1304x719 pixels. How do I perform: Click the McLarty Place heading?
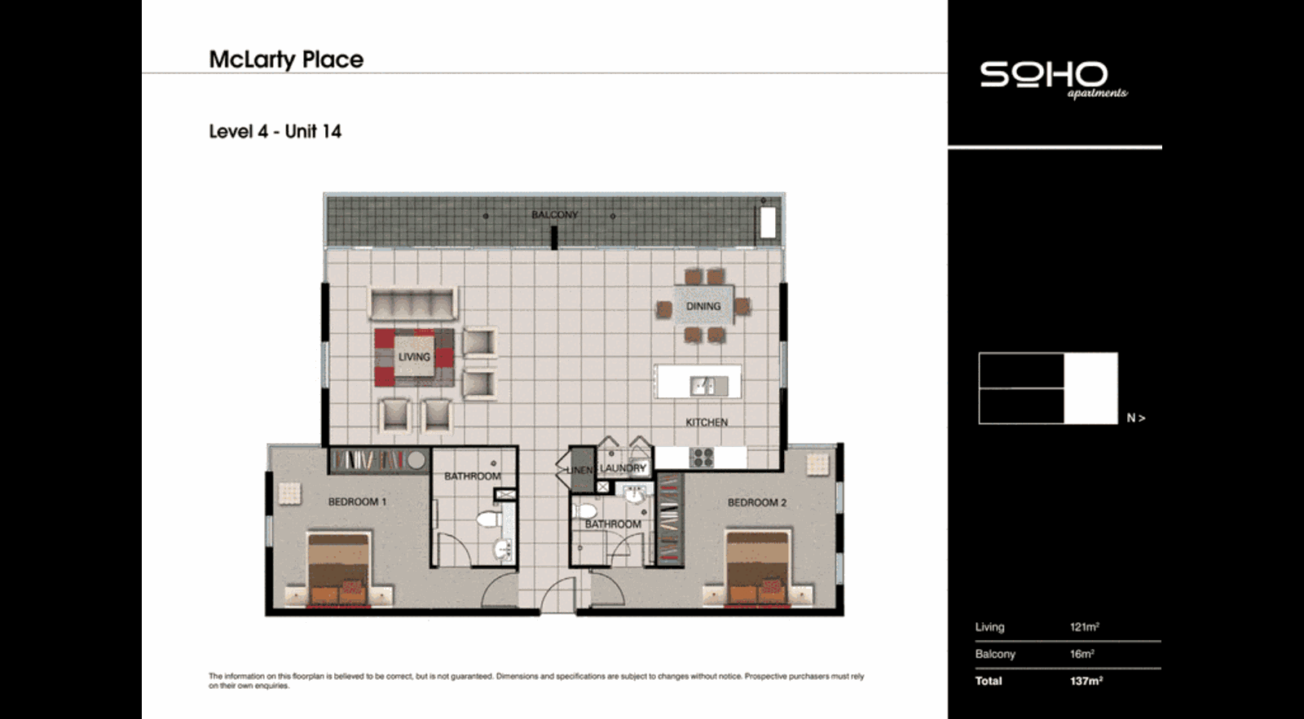(286, 59)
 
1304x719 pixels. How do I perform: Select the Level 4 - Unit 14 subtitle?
(275, 132)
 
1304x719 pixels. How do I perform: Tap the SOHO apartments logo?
(1051, 79)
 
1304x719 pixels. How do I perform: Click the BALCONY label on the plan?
(554, 215)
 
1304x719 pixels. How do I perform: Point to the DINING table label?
(703, 306)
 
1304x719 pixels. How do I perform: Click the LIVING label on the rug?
(414, 357)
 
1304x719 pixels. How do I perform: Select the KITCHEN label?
(706, 422)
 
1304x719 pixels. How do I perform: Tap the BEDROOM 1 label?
(357, 502)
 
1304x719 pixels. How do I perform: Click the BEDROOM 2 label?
(756, 502)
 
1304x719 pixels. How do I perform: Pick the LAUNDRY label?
(623, 468)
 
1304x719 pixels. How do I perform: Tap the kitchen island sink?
(703, 384)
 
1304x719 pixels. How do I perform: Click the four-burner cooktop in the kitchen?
(703, 457)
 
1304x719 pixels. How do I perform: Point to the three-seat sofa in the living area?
(412, 304)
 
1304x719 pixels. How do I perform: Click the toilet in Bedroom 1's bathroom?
(488, 519)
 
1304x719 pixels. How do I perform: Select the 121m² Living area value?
(1084, 627)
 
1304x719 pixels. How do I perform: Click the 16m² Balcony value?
(1082, 654)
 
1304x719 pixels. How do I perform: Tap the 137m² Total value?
(1086, 681)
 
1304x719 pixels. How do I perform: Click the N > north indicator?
(1135, 418)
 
